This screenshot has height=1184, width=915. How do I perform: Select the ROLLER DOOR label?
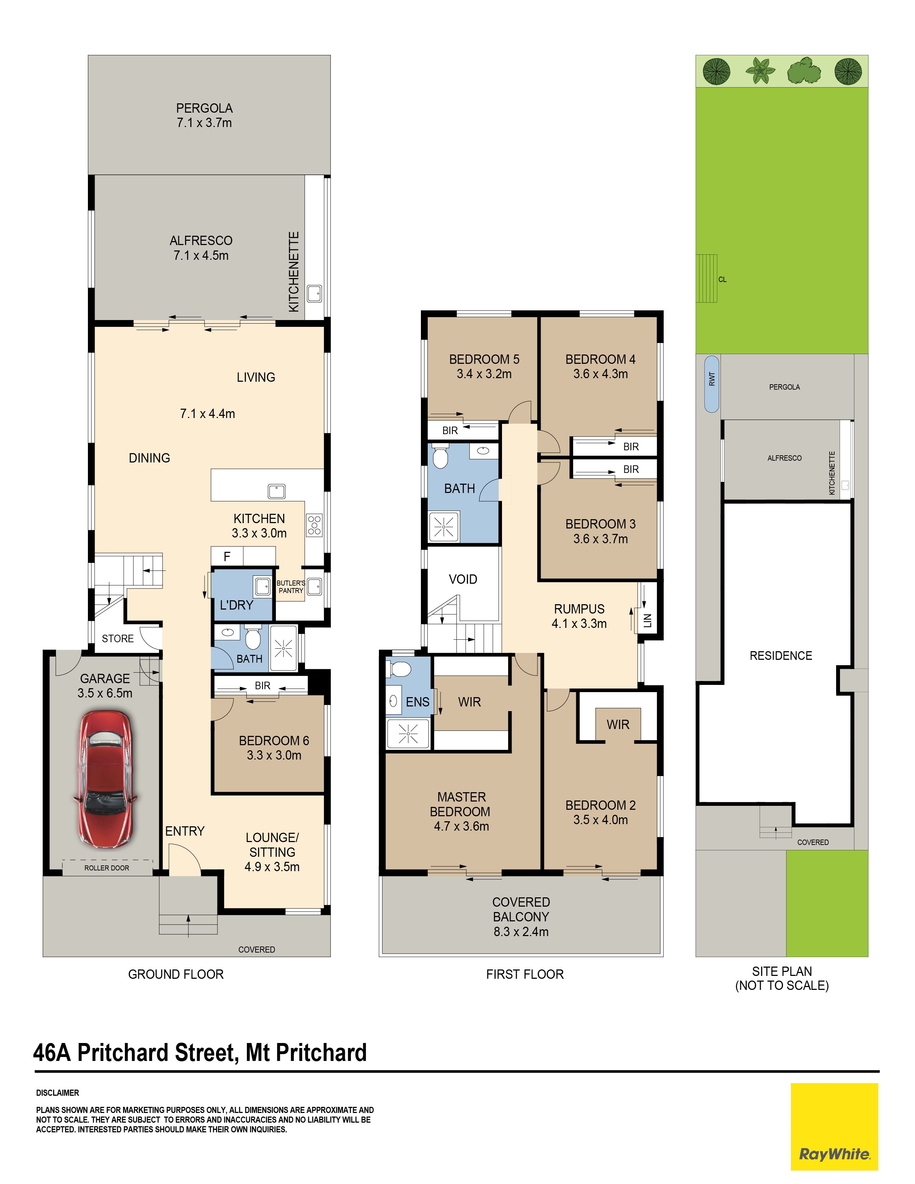point(107,868)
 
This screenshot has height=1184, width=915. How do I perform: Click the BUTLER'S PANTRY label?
point(291,587)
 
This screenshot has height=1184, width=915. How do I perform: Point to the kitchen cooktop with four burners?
point(314,525)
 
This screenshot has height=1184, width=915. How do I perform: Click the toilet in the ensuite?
point(399,669)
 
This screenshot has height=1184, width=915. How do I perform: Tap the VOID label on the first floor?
point(463,579)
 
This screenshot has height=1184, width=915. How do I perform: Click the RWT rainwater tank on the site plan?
point(712,384)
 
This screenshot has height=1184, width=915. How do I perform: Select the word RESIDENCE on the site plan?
point(780,656)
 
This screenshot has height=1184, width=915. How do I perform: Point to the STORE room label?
point(118,639)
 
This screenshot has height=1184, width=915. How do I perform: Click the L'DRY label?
point(236,605)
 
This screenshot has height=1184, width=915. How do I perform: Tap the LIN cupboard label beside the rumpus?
point(648,621)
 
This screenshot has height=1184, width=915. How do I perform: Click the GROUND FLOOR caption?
point(175,974)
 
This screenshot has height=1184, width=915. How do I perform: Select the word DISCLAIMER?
point(57,1093)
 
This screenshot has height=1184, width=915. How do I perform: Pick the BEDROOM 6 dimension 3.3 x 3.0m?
point(274,755)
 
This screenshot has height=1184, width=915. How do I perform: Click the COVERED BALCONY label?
point(521,909)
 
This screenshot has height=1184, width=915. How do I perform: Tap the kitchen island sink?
point(276,491)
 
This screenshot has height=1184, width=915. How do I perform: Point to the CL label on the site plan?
point(722,280)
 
